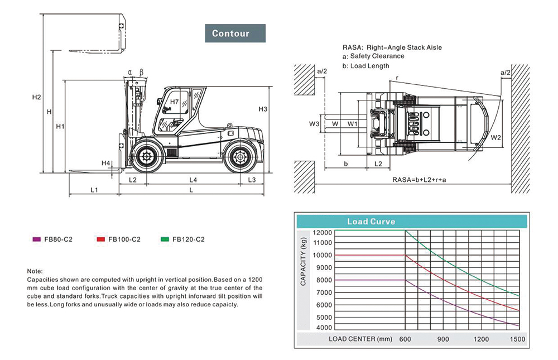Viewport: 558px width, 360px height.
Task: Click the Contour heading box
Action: tap(235, 33)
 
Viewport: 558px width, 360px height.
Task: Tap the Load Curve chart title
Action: tap(371, 222)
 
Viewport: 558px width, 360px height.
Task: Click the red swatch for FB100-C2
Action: tap(100, 239)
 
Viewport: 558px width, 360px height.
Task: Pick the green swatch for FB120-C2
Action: tap(165, 239)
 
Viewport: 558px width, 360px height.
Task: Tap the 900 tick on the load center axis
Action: tap(443, 339)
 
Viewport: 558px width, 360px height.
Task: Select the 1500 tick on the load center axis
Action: tap(518, 339)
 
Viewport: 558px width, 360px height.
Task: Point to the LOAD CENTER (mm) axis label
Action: tap(360, 339)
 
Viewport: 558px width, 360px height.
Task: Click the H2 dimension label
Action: tap(37, 97)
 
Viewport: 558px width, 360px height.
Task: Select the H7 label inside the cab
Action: tap(174, 102)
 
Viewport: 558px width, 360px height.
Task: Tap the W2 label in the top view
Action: tap(496, 137)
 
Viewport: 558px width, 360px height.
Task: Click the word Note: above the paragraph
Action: tap(35, 270)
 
